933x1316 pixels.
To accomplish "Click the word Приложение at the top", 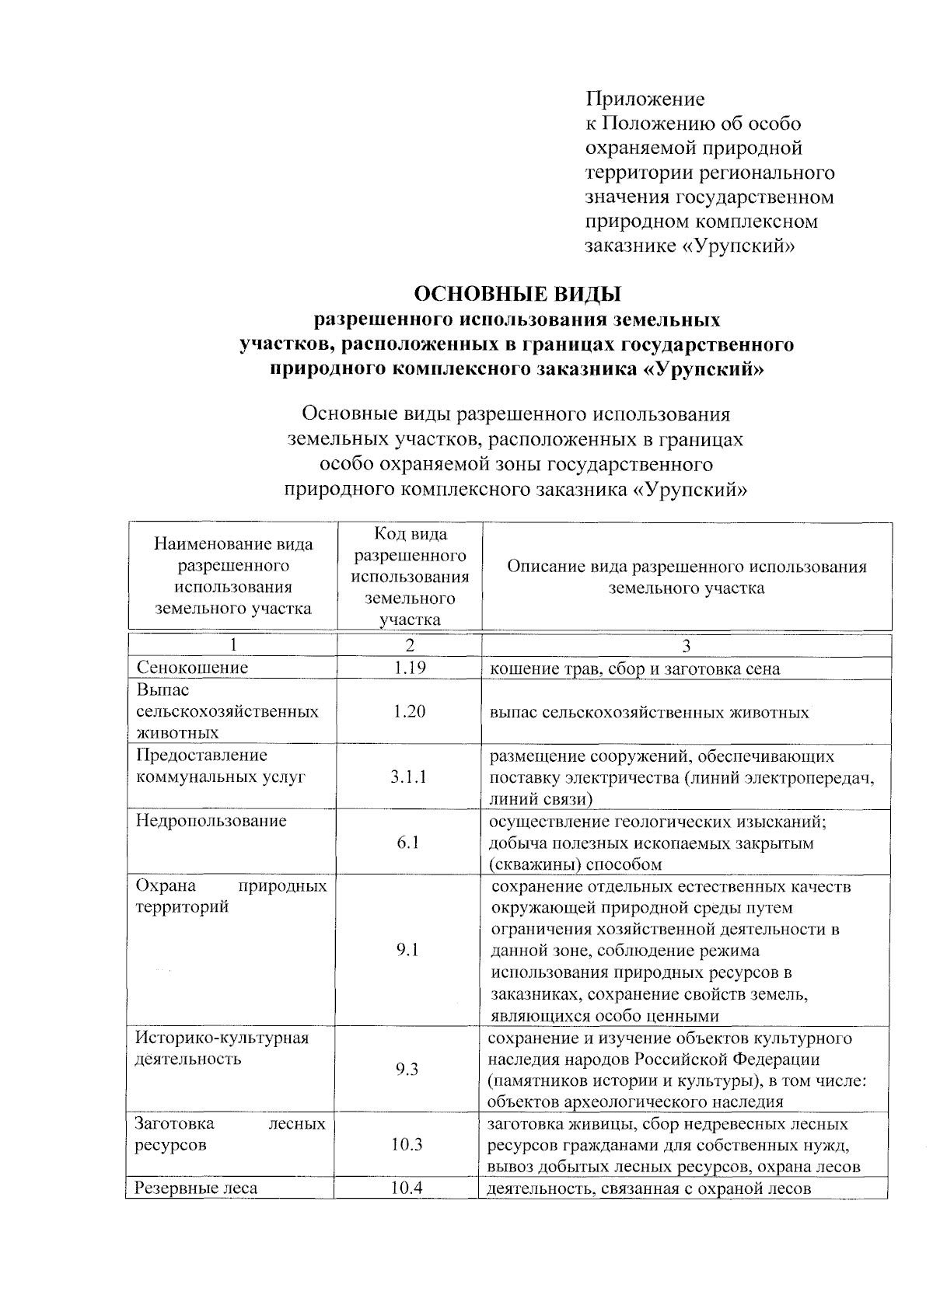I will pyautogui.click(x=645, y=99).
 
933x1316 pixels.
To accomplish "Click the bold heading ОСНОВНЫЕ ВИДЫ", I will pyautogui.click(x=518, y=295).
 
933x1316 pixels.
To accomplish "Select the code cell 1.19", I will pyautogui.click(x=409, y=668).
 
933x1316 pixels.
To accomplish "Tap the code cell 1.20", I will pyautogui.click(x=409, y=711).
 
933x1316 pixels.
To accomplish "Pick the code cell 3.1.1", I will pyautogui.click(x=409, y=777).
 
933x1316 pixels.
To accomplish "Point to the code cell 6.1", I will pyautogui.click(x=409, y=843).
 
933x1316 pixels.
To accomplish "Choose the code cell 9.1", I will pyautogui.click(x=407, y=950).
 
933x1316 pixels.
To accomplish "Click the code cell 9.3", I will pyautogui.click(x=407, y=1070).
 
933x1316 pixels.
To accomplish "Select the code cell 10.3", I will pyautogui.click(x=407, y=1144).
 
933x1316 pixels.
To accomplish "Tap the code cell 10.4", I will pyautogui.click(x=407, y=1188).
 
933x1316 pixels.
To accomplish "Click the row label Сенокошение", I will pyautogui.click(x=193, y=668).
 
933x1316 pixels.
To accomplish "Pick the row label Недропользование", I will pyautogui.click(x=211, y=821).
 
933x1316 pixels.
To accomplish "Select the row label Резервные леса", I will pyautogui.click(x=196, y=1188).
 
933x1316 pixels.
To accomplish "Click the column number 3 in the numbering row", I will pyautogui.click(x=686, y=646).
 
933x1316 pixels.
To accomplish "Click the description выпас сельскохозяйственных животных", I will pyautogui.click(x=649, y=712).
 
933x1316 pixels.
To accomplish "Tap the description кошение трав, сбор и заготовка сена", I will pyautogui.click(x=634, y=668).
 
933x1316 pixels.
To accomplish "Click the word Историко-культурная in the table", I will pyautogui.click(x=222, y=1038).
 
